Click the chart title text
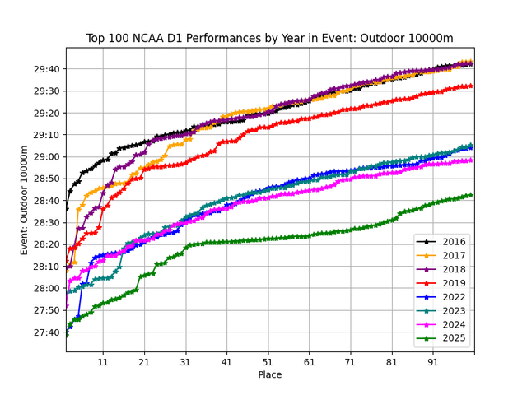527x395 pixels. tap(269, 39)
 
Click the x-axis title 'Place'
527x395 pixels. tap(269, 374)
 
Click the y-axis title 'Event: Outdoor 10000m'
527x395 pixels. tap(25, 200)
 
